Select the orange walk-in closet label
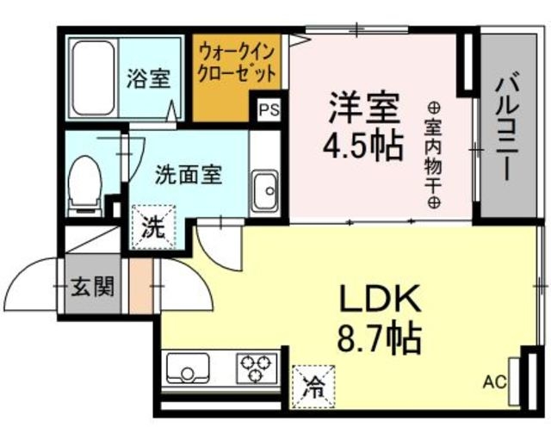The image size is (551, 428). (x=236, y=61)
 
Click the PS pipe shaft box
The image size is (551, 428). (x=268, y=110)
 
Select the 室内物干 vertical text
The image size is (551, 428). (x=433, y=155)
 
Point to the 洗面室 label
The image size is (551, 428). (x=189, y=173)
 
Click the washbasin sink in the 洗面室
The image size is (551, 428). (x=263, y=187)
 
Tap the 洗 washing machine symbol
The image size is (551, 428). (x=152, y=229)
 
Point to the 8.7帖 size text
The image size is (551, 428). (x=379, y=338)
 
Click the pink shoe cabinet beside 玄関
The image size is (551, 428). (x=138, y=284)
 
